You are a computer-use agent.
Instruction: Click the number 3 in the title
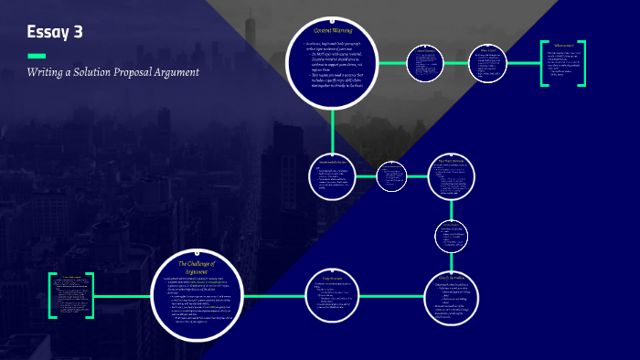pyautogui.click(x=78, y=32)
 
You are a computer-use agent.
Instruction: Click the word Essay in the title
pyautogui.click(x=47, y=32)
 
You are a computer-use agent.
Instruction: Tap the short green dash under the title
pyautogui.click(x=37, y=56)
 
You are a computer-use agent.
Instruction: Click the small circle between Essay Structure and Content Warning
pyautogui.click(x=392, y=175)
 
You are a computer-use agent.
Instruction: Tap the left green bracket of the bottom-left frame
pyautogui.click(x=51, y=295)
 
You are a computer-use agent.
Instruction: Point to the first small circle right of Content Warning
pyautogui.click(x=424, y=64)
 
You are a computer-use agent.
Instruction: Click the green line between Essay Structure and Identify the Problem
pyautogui.click(x=393, y=295)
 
